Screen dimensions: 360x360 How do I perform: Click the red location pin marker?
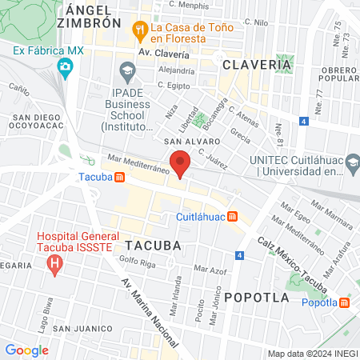point(181,162)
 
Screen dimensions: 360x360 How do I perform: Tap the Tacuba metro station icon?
point(119,177)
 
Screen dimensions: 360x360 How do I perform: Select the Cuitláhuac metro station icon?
point(232,216)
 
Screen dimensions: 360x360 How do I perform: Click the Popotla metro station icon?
point(345,302)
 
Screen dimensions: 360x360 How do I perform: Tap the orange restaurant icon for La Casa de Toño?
point(140,30)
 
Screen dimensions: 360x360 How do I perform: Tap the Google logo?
point(26,350)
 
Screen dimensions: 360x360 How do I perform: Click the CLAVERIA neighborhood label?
point(256,63)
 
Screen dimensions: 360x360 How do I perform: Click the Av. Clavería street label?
point(163,54)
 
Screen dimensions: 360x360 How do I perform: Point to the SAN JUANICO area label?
point(82,329)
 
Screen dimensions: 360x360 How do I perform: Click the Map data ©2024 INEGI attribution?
point(312,353)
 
